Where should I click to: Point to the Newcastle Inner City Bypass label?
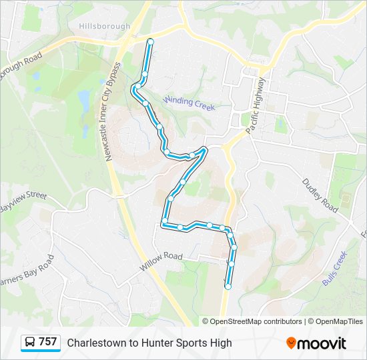pos(111,112)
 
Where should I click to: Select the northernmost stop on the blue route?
pos(150,41)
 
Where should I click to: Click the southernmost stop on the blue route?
pos(228,287)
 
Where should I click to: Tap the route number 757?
pos(47,342)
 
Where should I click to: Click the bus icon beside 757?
pos(30,343)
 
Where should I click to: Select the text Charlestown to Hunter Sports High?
pos(149,343)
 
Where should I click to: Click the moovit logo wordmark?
pos(322,343)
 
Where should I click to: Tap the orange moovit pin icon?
pos(291,343)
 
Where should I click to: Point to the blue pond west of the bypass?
pos(83,101)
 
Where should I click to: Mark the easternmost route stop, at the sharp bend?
pos(204,149)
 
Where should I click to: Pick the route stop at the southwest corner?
pos(164,221)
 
